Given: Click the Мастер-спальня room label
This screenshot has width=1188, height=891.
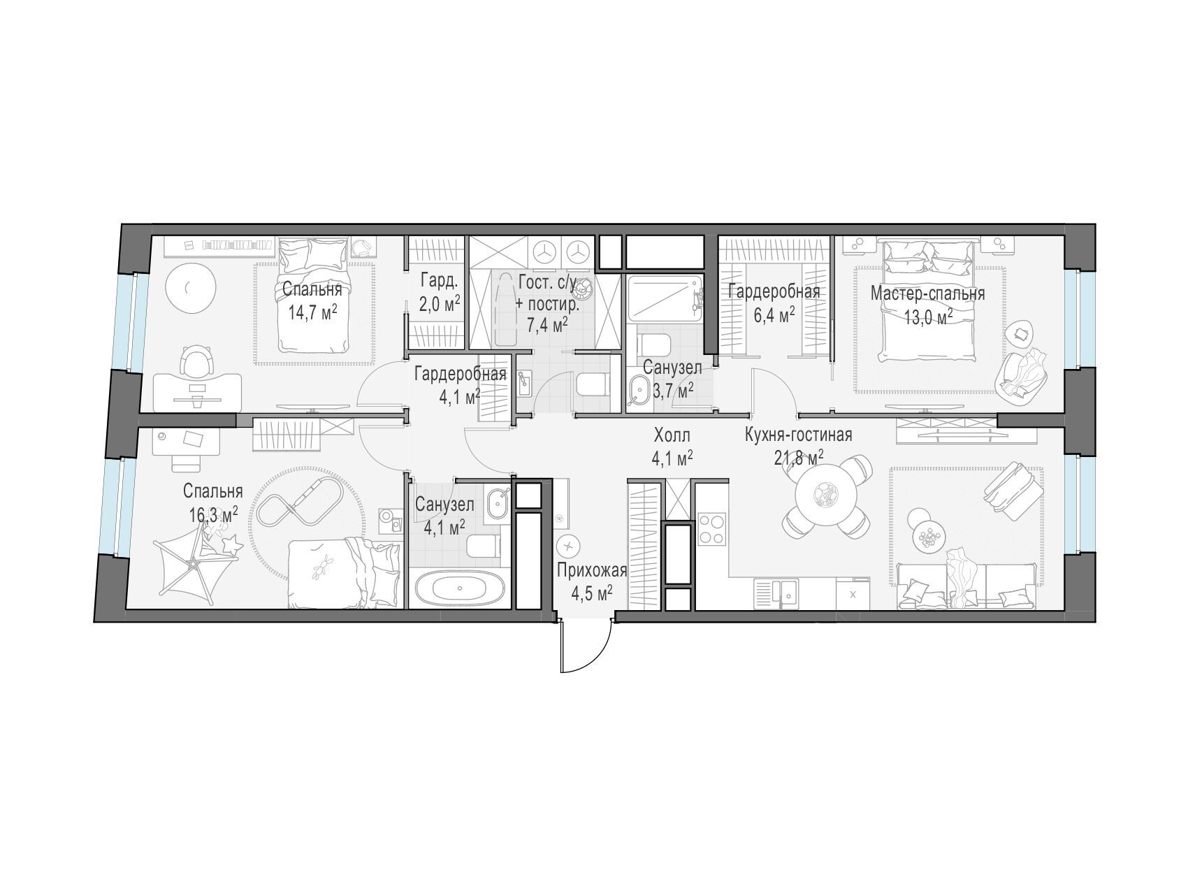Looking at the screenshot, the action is (x=927, y=294).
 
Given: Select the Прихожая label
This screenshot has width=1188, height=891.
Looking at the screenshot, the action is (x=592, y=571).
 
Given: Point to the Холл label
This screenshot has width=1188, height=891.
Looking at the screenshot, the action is (x=672, y=436).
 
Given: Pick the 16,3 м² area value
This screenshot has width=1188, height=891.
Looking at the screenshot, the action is (x=213, y=515).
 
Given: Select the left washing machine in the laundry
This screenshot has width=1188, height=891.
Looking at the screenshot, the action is (x=543, y=250).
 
